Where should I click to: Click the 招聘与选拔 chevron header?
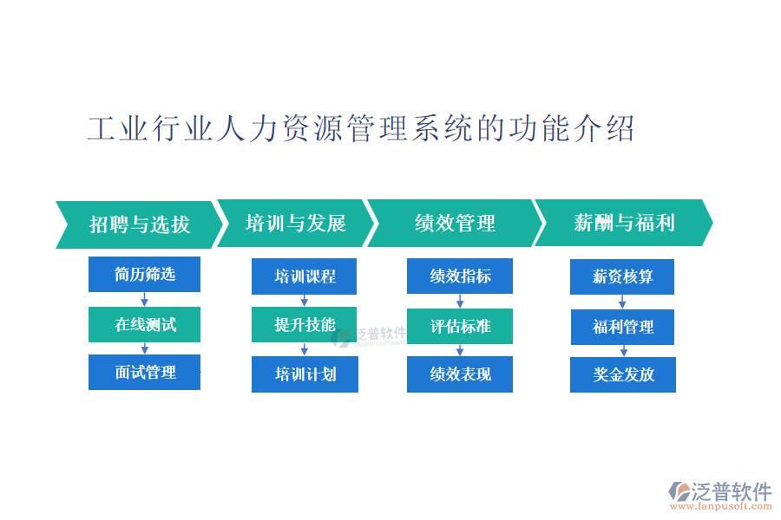coord(140,224)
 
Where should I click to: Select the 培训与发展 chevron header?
coord(296,223)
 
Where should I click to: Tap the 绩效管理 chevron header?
coord(455,223)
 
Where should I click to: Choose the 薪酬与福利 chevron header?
coord(624,223)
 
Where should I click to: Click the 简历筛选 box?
coord(144,274)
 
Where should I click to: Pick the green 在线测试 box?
coord(144,324)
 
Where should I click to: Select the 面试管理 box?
coord(144,372)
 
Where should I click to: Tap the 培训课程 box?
coord(304,276)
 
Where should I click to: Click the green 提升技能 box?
coord(304,324)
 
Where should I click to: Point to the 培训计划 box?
coord(305,374)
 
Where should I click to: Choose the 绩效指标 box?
coord(460,276)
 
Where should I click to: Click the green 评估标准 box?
coord(460,326)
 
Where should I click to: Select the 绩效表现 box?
coord(460,374)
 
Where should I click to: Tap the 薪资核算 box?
coord(622,276)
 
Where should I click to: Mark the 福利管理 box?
coord(622,327)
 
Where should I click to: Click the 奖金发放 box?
coord(623,374)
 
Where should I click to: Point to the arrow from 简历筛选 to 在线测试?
coord(144,300)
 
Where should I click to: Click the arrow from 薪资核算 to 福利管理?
coord(622,302)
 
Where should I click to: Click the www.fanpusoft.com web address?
coord(720,506)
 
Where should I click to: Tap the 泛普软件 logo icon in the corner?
coord(679,491)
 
